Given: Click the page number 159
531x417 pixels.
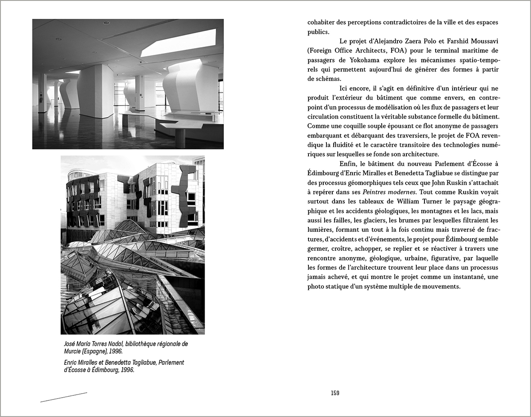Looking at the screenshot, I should (x=335, y=393).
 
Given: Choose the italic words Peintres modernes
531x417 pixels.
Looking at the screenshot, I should (x=394, y=192).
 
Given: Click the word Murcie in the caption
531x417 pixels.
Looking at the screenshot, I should (x=74, y=351).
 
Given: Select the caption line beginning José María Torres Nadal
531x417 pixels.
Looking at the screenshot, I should (x=126, y=344).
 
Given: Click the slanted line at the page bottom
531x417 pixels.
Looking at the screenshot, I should (x=63, y=397).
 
